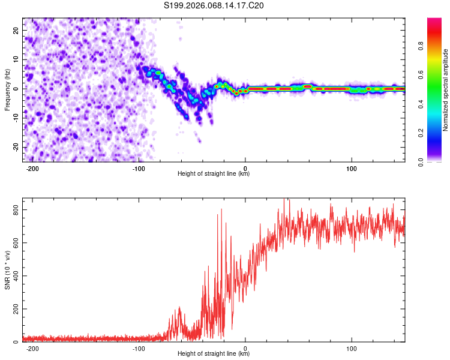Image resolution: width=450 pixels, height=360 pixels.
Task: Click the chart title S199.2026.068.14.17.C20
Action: (214, 6)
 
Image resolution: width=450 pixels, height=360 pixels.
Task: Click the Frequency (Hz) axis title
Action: (7, 90)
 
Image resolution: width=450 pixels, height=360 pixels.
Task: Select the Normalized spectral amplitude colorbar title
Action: (445, 90)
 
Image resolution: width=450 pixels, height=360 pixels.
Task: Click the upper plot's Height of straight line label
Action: (214, 174)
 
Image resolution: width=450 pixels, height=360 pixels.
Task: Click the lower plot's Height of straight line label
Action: (214, 354)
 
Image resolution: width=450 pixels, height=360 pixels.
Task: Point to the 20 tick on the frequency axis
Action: (16, 30)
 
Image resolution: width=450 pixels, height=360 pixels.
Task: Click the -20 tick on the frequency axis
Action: (14, 147)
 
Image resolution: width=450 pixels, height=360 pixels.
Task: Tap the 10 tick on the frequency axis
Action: (16, 59)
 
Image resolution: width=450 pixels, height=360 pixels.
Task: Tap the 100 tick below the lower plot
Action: (352, 348)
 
